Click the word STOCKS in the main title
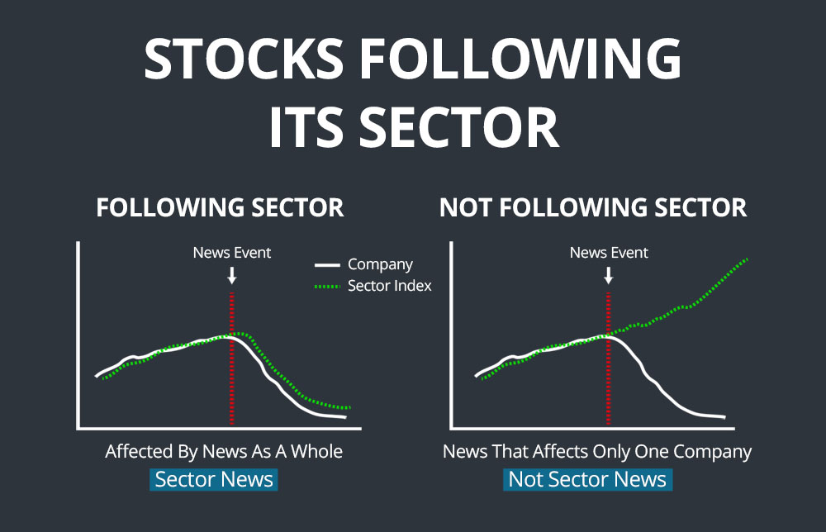coord(244,58)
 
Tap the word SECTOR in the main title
coord(458,127)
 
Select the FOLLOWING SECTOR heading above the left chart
coord(220,207)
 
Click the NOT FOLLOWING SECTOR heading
coord(593,207)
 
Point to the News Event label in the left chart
coord(232,252)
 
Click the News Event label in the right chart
coord(609,252)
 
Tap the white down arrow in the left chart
coord(232,275)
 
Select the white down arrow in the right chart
coord(609,275)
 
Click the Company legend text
coord(380,264)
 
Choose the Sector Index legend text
coord(389,286)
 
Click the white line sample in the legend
coord(327,265)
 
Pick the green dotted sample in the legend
coord(327,287)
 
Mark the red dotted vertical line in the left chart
coord(232,359)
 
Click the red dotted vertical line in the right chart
coord(609,359)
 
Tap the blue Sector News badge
coord(214,479)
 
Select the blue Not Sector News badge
coord(588,479)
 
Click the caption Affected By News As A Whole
coord(224,451)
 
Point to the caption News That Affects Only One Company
coord(597,452)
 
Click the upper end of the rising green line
coord(747,259)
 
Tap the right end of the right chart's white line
coord(725,417)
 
